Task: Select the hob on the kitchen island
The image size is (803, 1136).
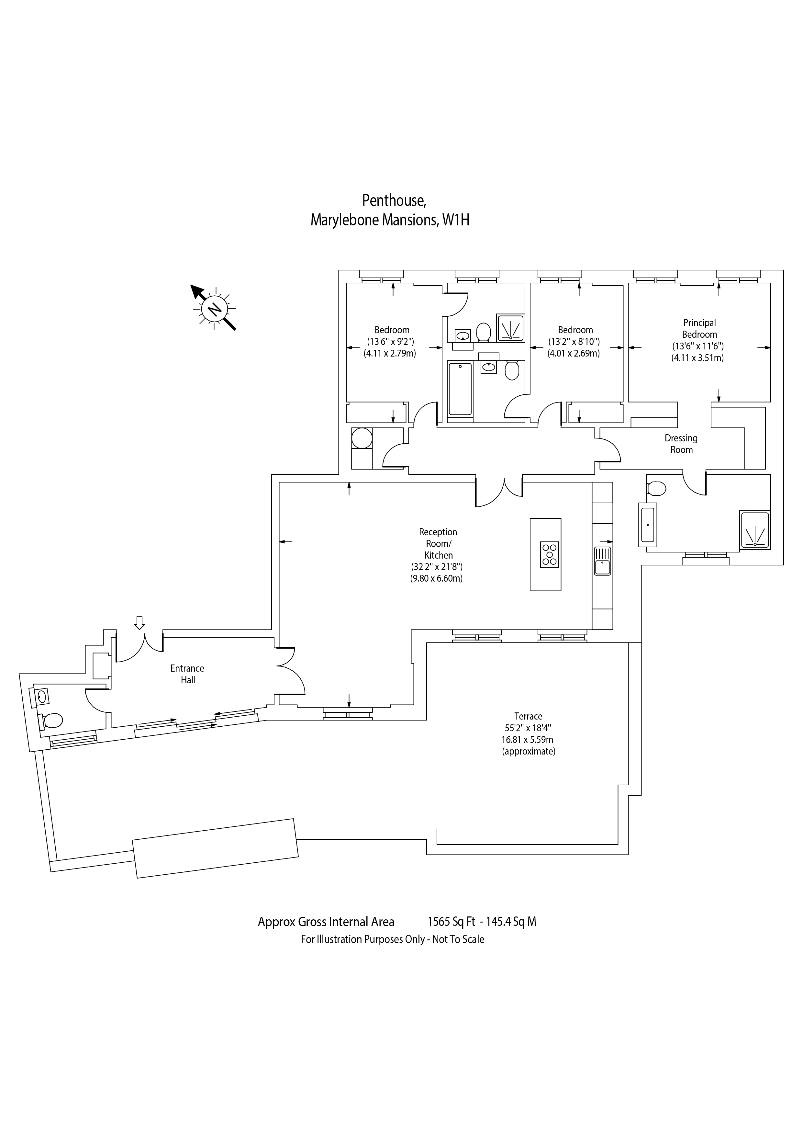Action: pyautogui.click(x=549, y=554)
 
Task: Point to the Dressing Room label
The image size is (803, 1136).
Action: pyautogui.click(x=681, y=444)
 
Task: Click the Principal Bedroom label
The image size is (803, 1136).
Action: pyautogui.click(x=699, y=329)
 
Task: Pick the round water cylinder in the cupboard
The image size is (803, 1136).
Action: pyautogui.click(x=362, y=438)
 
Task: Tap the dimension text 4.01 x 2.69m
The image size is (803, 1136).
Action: pyautogui.click(x=573, y=353)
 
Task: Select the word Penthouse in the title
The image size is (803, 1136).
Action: pyautogui.click(x=394, y=200)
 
